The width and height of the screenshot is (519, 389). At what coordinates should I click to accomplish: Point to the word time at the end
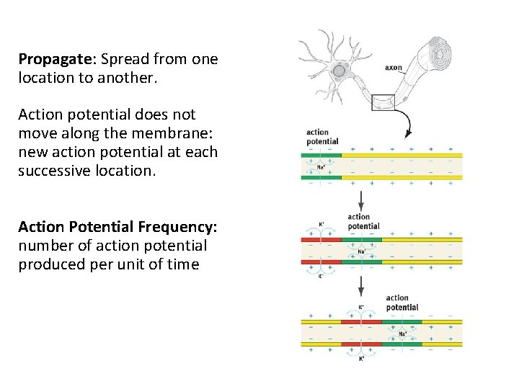click(x=183, y=264)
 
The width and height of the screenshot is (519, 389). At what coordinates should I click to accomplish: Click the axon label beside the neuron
click(x=394, y=68)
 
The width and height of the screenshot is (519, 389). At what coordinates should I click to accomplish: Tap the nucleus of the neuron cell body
click(x=338, y=70)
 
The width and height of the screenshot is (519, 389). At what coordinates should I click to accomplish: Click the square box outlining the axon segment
click(x=383, y=102)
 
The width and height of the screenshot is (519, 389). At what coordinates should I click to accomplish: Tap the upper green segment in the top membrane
click(x=322, y=155)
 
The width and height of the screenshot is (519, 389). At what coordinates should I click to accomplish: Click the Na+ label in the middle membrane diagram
click(x=362, y=251)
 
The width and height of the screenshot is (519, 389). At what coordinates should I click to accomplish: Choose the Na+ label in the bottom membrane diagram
click(x=403, y=334)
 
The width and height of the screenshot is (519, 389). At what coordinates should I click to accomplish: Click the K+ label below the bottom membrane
click(x=361, y=358)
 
